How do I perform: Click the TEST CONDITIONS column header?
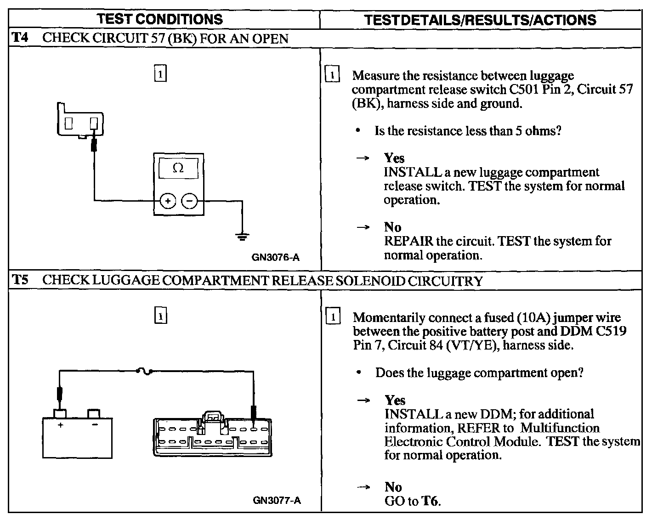pos(160,19)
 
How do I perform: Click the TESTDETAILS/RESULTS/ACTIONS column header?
pos(480,20)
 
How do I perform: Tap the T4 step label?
pos(20,37)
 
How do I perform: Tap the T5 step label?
pos(20,280)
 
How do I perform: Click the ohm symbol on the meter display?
pos(178,168)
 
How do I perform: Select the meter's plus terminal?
pos(168,201)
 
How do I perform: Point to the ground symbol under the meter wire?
pos(242,237)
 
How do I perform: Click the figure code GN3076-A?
pos(275,257)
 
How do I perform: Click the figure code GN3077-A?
pos(277,500)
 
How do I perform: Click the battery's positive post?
pos(60,413)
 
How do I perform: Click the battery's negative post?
pos(94,413)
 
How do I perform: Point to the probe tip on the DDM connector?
pos(253,412)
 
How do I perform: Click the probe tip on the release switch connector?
pos(94,145)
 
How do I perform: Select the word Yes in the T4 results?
pos(394,158)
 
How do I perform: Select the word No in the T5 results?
pos(393,487)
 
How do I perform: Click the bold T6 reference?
pos(430,501)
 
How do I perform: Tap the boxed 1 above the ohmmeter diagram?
pos(160,73)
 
